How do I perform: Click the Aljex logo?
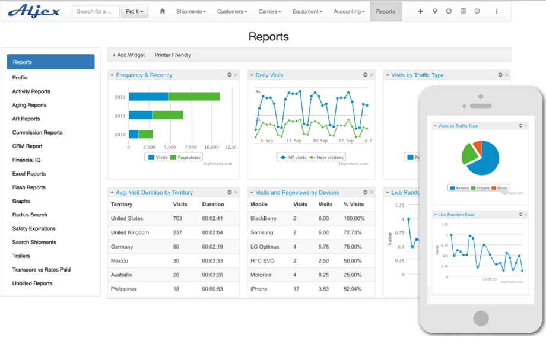point(34,11)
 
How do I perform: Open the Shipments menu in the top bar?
point(191,11)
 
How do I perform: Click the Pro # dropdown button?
point(135,11)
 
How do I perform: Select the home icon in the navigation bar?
point(163,11)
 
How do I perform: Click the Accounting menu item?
point(348,11)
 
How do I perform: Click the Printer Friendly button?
point(173,55)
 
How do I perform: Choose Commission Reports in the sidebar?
point(37,133)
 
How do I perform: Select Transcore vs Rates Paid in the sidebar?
point(41,270)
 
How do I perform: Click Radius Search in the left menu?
point(30,215)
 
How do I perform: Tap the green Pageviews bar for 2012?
point(194,97)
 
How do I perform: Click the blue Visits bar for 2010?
point(134,134)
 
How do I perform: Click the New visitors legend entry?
point(327,157)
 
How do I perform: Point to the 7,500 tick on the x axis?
point(191,146)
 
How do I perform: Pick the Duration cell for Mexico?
point(212,261)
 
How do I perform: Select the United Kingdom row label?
point(129,232)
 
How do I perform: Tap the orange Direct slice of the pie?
point(477,147)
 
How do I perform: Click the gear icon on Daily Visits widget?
point(365,75)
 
